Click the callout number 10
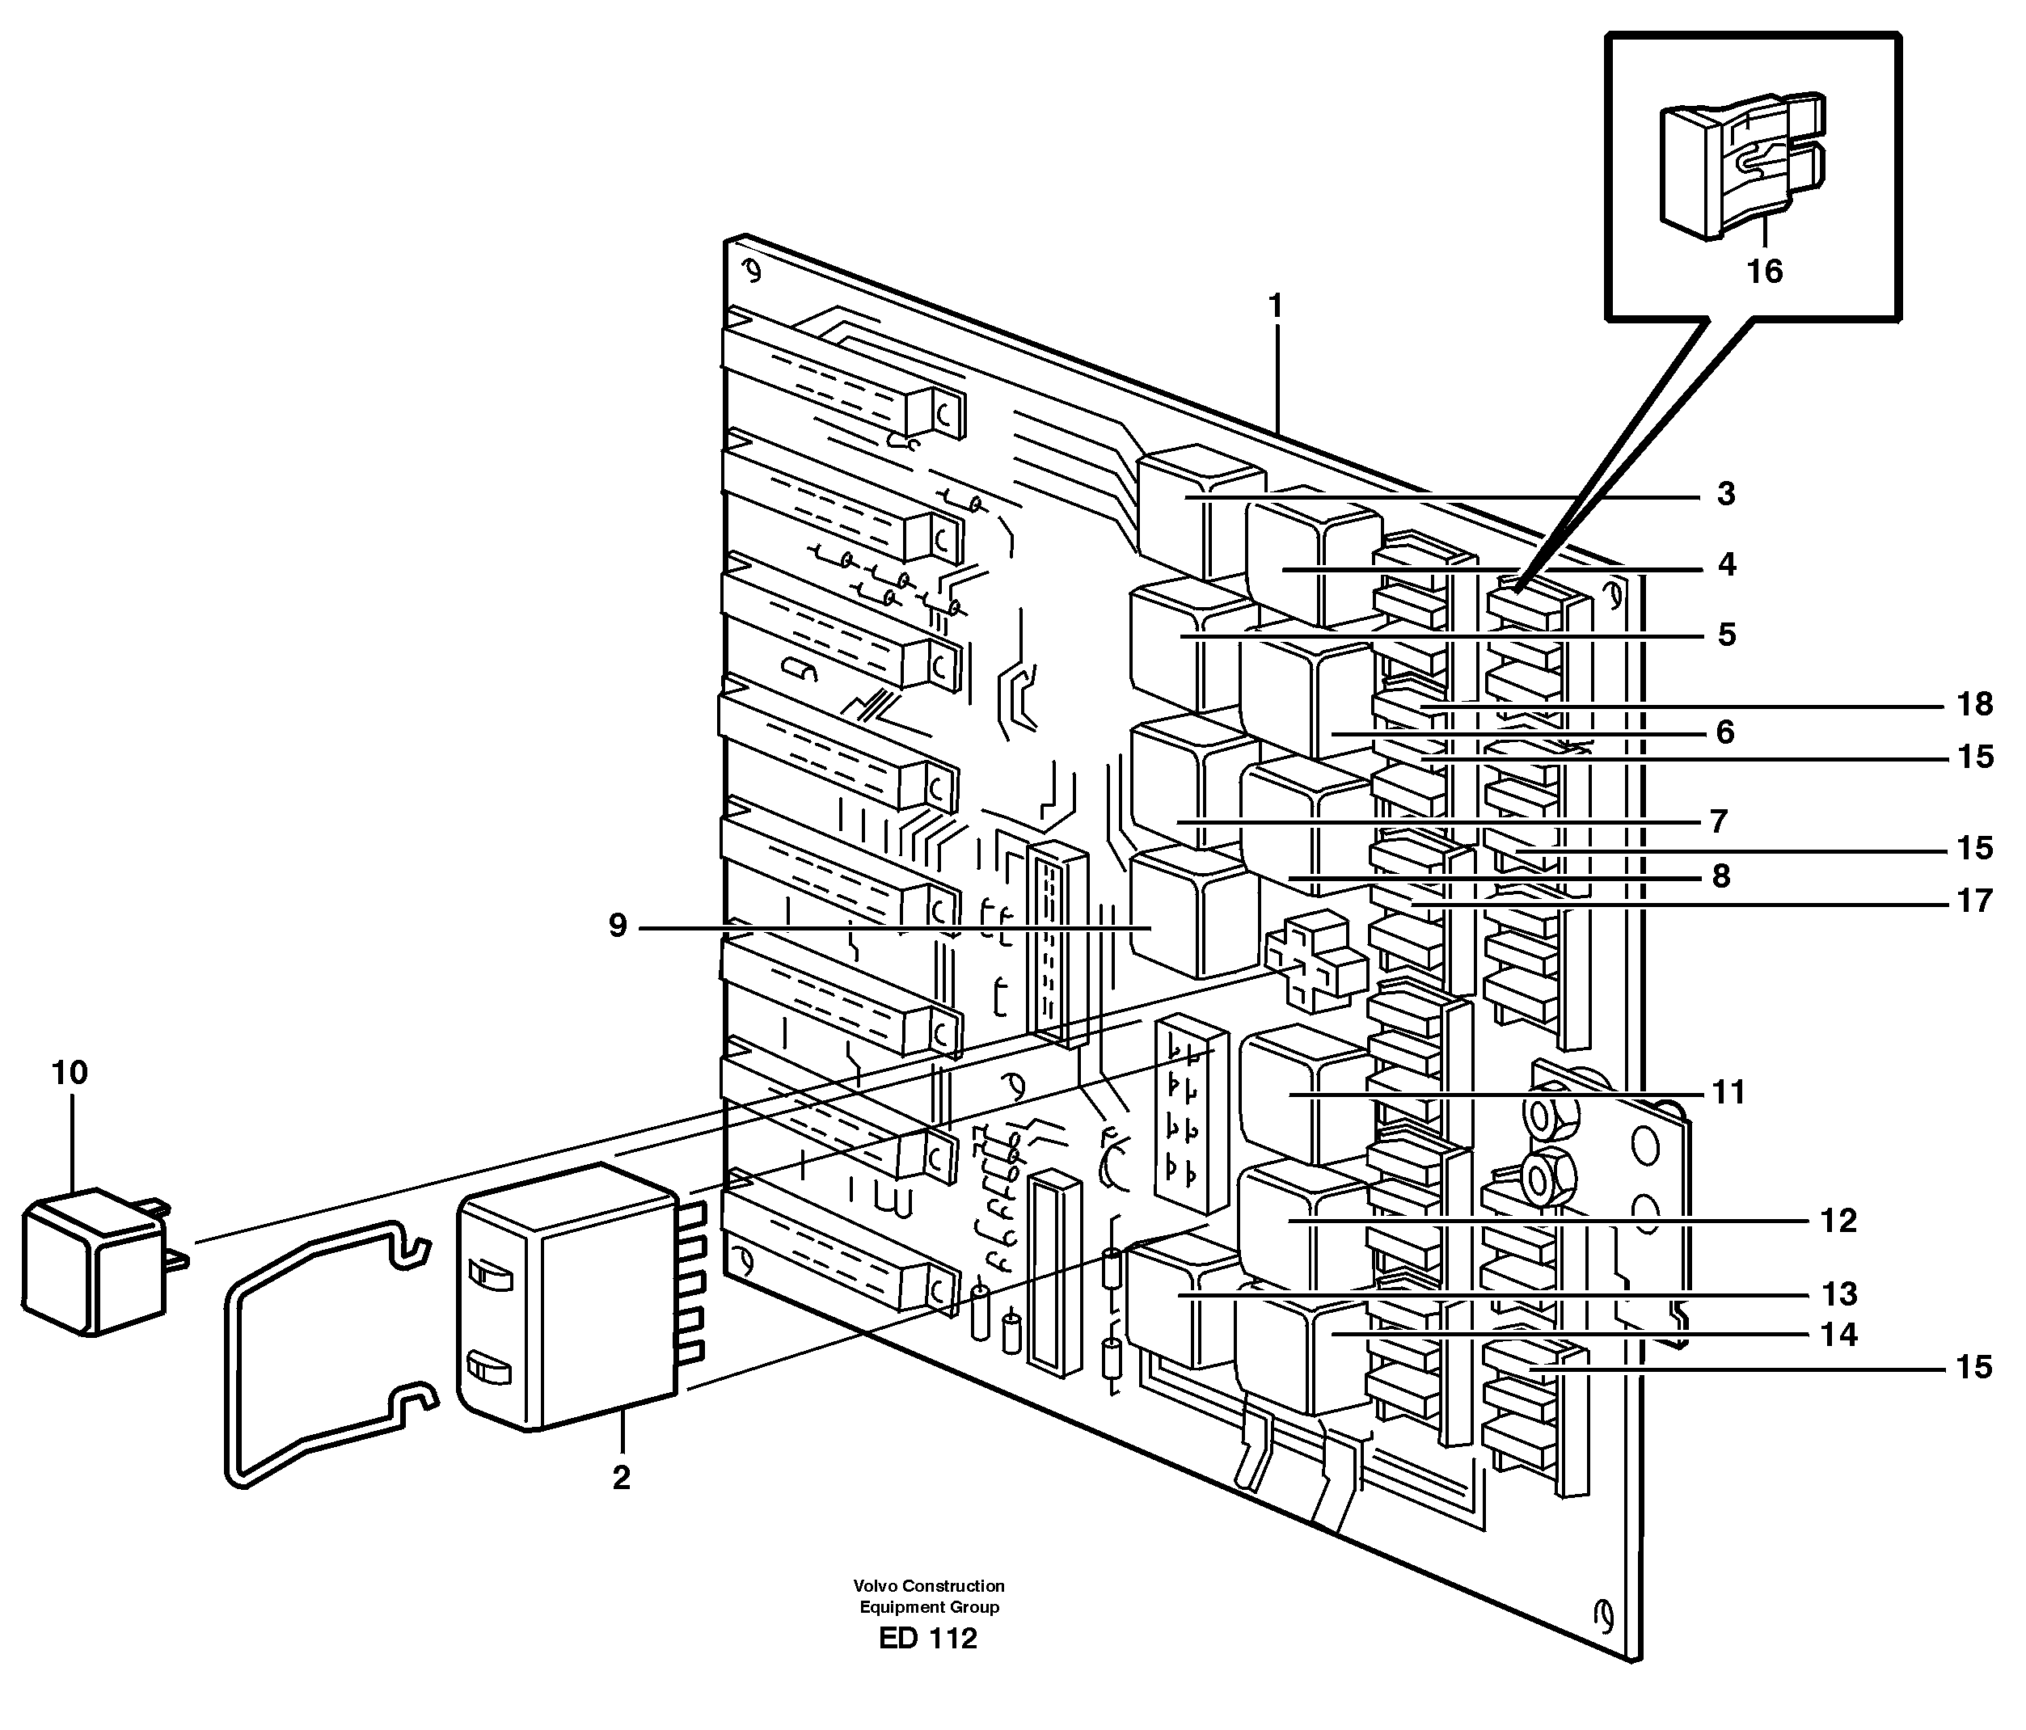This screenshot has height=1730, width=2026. point(70,1073)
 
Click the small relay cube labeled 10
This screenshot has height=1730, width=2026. point(94,1262)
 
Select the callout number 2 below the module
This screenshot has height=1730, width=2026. point(622,1478)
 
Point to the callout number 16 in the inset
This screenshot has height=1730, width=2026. point(1765,271)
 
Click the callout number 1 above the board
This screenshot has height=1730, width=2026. point(1274,307)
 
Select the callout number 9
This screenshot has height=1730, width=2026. point(617,925)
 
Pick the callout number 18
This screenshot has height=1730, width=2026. point(1974,703)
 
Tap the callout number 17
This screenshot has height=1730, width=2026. point(1974,901)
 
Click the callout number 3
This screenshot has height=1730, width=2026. point(1726,494)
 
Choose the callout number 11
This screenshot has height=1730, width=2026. point(1728,1091)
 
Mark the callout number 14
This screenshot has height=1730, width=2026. point(1838,1334)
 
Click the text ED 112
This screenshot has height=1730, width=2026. point(927,1638)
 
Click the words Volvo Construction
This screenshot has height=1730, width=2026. point(928,1585)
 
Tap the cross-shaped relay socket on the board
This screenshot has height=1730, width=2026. point(1315,960)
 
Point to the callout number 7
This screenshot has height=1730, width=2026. point(1718,821)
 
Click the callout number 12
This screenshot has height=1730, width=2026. point(1838,1221)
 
